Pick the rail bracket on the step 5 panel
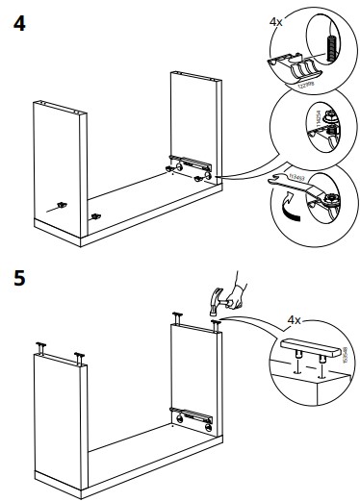[193, 416]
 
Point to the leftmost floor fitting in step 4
[60, 204]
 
